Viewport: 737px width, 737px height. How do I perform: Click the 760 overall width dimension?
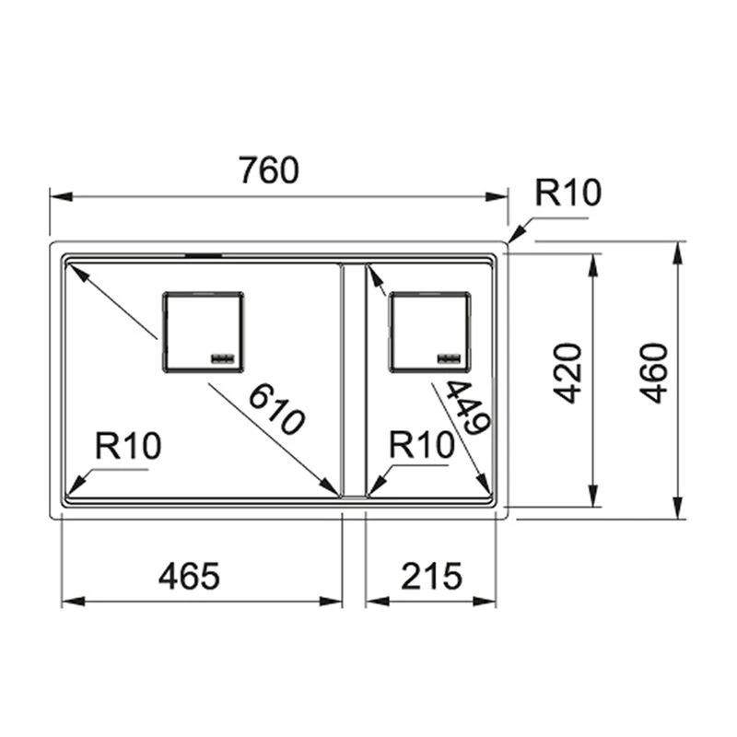(268, 170)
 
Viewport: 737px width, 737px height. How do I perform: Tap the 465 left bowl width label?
(189, 577)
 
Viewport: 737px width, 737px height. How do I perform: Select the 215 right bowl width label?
(430, 577)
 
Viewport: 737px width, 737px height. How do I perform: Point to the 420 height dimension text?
(570, 372)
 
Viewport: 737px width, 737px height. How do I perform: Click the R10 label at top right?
(568, 193)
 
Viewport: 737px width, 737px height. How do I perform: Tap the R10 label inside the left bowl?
(128, 447)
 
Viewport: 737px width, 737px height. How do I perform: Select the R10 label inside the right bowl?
(422, 446)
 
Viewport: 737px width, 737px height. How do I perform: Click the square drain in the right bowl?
(429, 332)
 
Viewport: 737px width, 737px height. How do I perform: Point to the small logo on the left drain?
(224, 357)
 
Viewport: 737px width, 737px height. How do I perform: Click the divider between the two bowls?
(354, 378)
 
